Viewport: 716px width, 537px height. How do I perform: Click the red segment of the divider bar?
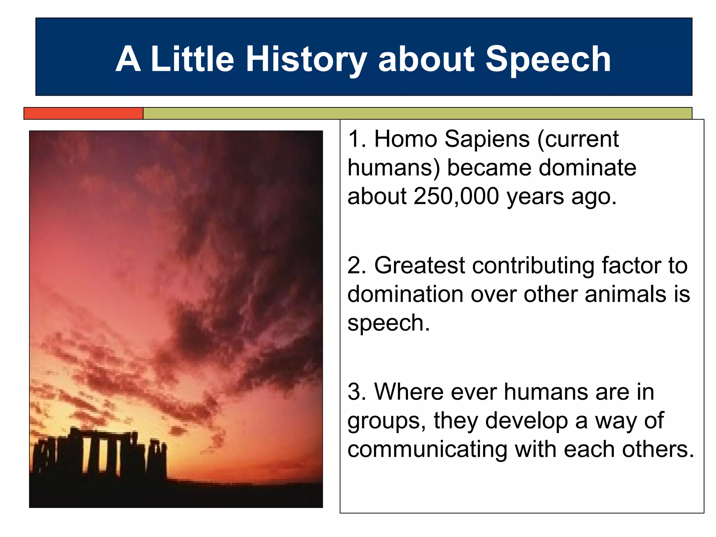coord(84,113)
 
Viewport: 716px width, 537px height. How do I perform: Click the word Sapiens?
coord(487,139)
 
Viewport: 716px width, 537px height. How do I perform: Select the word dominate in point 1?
coord(587,167)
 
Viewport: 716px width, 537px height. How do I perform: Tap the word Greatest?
coord(420,265)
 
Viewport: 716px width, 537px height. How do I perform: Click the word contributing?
coord(533,266)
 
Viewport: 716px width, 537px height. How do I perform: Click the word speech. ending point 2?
coord(388,323)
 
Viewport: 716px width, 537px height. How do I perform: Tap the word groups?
coord(386,421)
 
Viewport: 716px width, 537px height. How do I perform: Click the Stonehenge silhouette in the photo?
coord(101,454)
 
